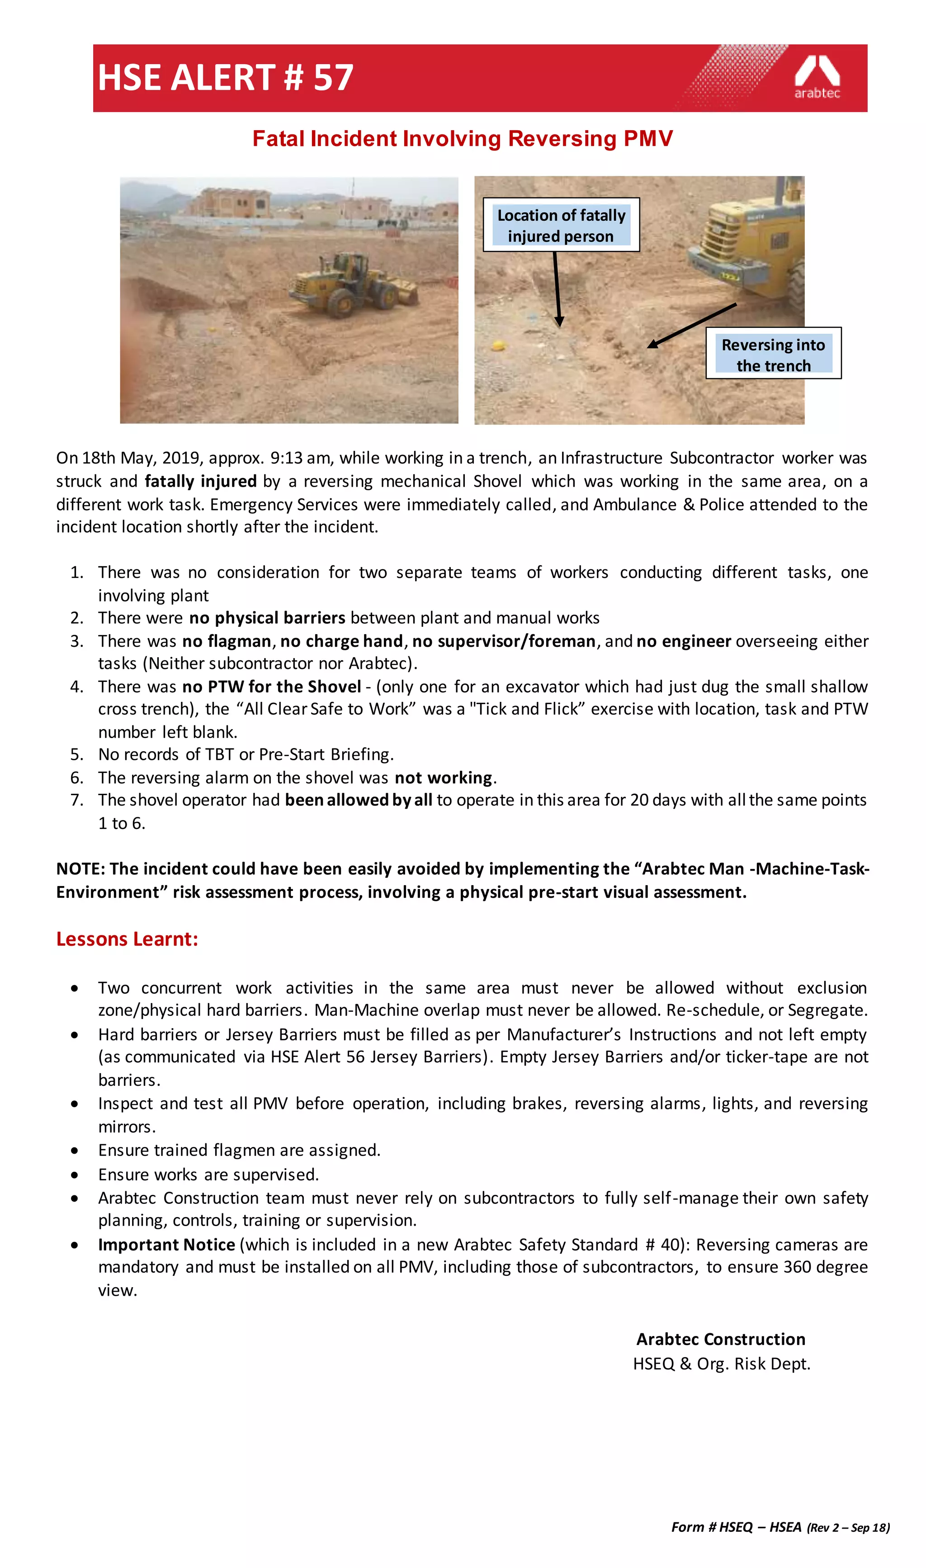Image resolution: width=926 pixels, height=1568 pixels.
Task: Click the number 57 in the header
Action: pos(333,78)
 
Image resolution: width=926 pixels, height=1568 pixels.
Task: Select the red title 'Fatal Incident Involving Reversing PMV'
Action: pos(463,138)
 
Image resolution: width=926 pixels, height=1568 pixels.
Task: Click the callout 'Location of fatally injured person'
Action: pos(561,225)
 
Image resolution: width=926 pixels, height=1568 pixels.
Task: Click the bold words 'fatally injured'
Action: pos(200,481)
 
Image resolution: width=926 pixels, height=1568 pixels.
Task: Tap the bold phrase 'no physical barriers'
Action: pos(267,618)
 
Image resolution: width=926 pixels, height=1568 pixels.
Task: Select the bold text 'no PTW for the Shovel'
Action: pos(271,687)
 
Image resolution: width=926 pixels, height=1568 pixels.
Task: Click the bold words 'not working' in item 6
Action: pos(443,777)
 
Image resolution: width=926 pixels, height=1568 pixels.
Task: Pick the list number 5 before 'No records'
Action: pos(76,754)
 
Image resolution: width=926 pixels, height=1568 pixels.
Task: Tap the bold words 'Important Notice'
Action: pos(166,1244)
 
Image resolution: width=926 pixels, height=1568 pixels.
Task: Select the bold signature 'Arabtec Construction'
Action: pos(721,1339)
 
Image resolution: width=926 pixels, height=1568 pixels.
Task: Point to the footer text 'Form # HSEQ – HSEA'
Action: pos(736,1527)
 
